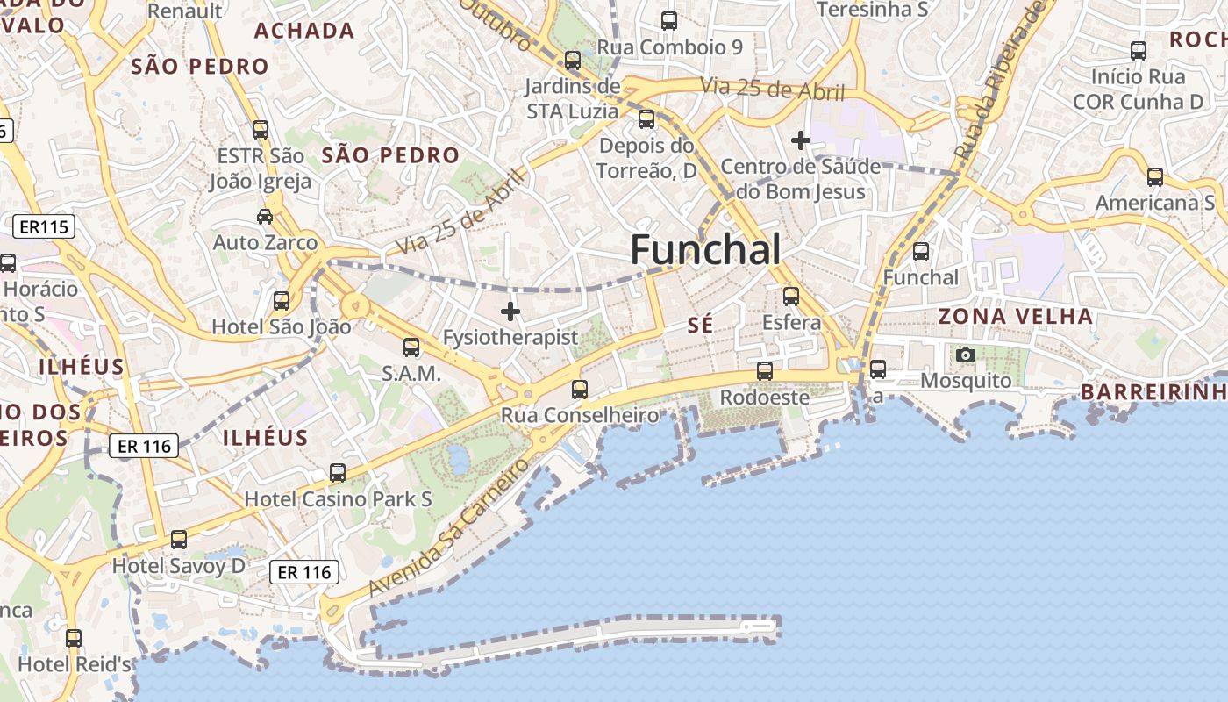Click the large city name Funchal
705,250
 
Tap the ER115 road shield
44,227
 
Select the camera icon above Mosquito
966,355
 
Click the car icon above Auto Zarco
265,216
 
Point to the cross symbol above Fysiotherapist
510,312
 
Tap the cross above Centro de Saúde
800,140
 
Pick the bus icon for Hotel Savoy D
179,539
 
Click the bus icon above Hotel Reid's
74,638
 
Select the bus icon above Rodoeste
765,371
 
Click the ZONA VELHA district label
1016,316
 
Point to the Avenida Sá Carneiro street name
449,526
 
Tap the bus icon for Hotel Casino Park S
338,473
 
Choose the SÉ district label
700,326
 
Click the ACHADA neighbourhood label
304,31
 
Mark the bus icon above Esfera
791,297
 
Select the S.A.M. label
411,373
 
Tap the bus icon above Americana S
1155,177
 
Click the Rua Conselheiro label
580,414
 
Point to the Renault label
185,11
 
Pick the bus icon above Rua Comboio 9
669,21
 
